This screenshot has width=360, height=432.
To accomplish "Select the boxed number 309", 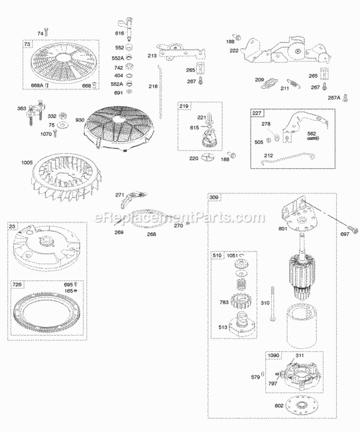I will click(x=214, y=197).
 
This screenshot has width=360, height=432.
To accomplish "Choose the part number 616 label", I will click(x=119, y=34).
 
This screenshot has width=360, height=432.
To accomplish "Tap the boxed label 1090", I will click(x=273, y=356).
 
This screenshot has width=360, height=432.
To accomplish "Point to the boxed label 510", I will click(x=216, y=256).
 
